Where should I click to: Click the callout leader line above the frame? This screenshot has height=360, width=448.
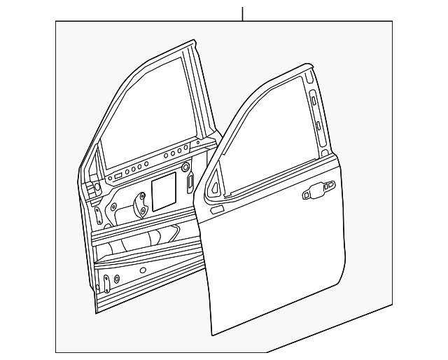click(242, 13)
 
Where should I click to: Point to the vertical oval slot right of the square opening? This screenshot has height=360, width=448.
click(190, 183)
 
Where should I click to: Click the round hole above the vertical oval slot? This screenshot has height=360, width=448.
click(185, 167)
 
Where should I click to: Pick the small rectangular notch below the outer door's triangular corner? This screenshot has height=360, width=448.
click(218, 208)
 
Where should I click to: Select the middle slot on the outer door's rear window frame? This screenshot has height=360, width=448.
click(318, 125)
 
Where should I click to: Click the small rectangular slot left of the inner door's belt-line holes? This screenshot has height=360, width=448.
click(119, 174)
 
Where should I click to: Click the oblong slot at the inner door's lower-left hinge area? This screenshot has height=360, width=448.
click(107, 283)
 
